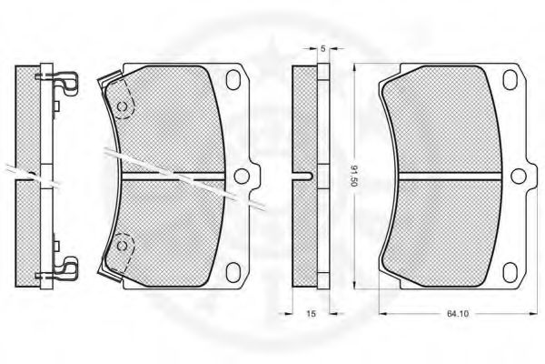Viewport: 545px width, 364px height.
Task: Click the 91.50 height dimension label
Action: pyautogui.click(x=353, y=176)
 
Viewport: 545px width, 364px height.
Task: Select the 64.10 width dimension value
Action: pyautogui.click(x=458, y=314)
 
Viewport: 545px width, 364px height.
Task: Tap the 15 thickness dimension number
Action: pyautogui.click(x=311, y=314)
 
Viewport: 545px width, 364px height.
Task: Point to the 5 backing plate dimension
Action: pyautogui.click(x=322, y=49)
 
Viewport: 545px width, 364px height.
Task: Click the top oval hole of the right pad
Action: pyautogui.click(x=510, y=79)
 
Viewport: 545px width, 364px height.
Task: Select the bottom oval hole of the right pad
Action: pyautogui.click(x=510, y=273)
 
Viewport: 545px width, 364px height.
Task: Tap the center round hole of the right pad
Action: pyautogui.click(x=519, y=176)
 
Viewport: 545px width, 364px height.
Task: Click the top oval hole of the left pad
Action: pyautogui.click(x=233, y=79)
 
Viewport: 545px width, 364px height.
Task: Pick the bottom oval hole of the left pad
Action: pyautogui.click(x=233, y=273)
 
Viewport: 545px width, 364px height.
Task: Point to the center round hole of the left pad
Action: pyautogui.click(x=242, y=176)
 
